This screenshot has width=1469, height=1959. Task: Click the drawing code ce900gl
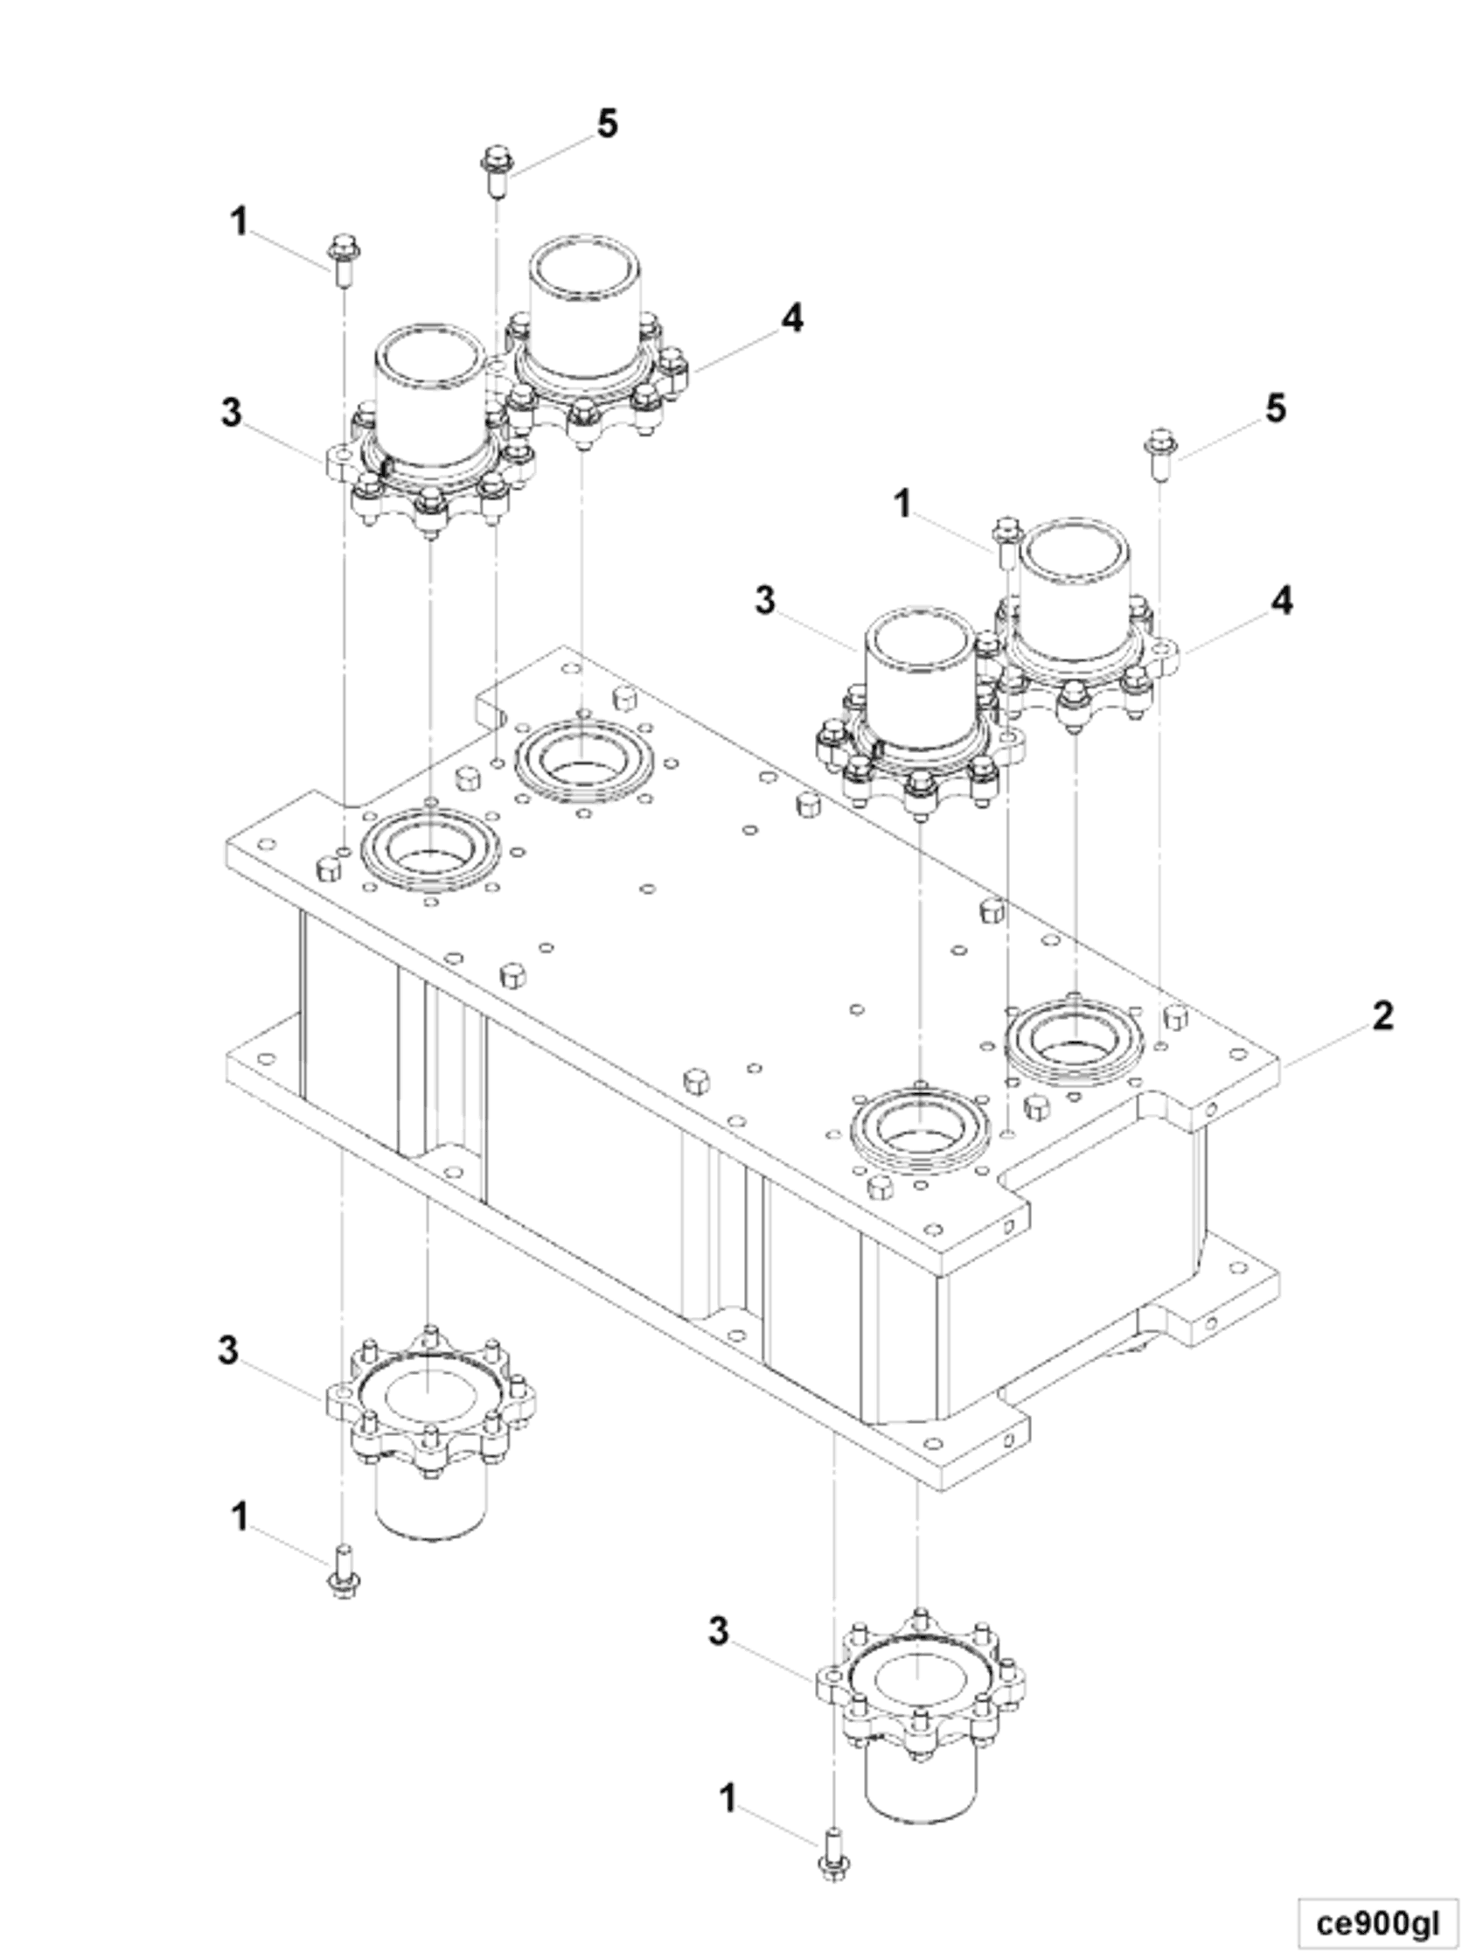click(1377, 1921)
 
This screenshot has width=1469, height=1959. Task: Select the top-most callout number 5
click(607, 124)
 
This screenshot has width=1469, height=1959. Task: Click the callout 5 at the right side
click(1275, 409)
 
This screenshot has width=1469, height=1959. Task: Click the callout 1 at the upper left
click(239, 221)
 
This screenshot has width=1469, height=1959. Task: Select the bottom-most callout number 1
click(727, 1800)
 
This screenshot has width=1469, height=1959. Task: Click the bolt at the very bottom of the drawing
click(832, 1853)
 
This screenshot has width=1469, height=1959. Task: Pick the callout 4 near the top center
click(791, 318)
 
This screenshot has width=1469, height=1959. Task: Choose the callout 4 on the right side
click(1281, 602)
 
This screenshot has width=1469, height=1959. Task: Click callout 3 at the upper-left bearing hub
click(231, 412)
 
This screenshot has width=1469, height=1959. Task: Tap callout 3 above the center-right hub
click(764, 601)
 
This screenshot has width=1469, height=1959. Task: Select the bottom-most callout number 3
click(719, 1631)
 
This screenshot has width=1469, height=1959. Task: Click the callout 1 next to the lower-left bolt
click(239, 1517)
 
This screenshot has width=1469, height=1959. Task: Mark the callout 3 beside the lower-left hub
click(228, 1350)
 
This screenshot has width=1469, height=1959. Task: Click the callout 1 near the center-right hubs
click(902, 505)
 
